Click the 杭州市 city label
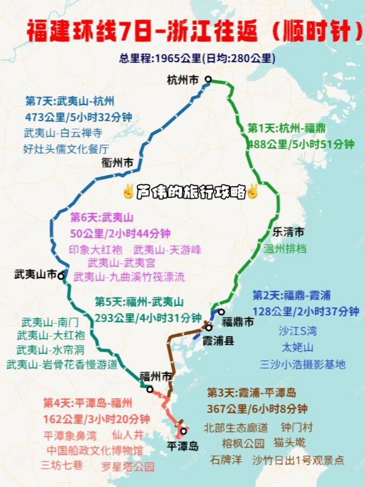pos(182,80)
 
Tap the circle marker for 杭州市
pos(208,79)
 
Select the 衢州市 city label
pos(117,163)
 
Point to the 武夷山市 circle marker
pos(61,276)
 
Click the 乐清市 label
pos(288,232)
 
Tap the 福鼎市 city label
pos(238,322)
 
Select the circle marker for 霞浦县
pos(208,328)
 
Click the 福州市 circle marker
pos(150,389)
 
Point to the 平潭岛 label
pos(183,445)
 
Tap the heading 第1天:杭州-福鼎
pos(286,128)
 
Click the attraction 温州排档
pos(285,249)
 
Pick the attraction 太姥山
pos(297,347)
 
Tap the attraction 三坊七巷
pos(62,465)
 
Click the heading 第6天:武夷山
pos(102,218)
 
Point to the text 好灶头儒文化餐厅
pos(66,149)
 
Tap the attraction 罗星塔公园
pos(128,466)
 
